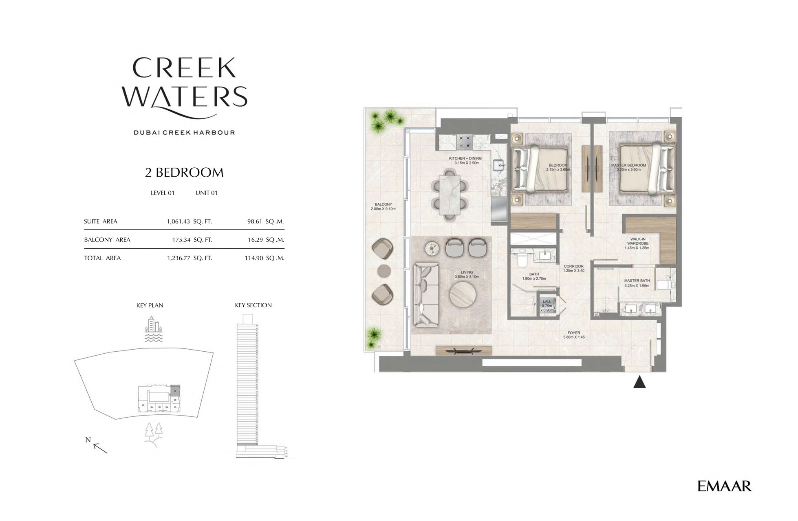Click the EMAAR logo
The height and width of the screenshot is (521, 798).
(x=724, y=486)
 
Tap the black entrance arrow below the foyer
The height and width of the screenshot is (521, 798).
(x=639, y=383)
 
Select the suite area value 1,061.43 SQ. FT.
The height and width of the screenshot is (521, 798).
(x=189, y=221)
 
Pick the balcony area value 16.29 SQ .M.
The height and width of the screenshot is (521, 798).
(x=266, y=240)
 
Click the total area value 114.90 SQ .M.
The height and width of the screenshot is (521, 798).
(x=264, y=258)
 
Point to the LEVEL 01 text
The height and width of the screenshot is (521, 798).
(x=162, y=193)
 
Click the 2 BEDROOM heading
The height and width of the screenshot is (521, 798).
(x=184, y=173)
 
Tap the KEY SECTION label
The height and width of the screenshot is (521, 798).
(x=253, y=305)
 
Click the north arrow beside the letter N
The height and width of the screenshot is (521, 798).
(x=100, y=448)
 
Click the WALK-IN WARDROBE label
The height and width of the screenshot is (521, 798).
(x=638, y=243)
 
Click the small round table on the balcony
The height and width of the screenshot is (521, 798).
(x=384, y=271)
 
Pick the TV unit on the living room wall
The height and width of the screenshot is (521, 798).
(x=463, y=350)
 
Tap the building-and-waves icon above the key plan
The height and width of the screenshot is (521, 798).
(x=154, y=329)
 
